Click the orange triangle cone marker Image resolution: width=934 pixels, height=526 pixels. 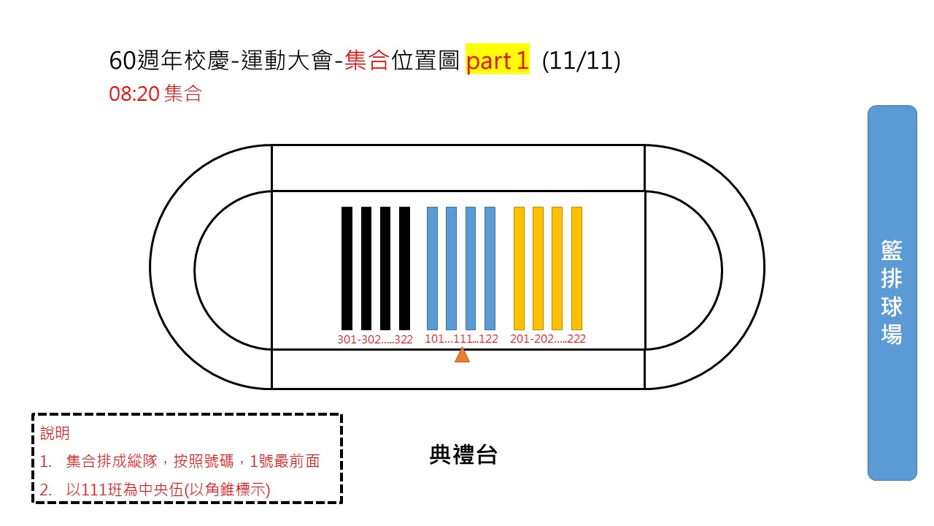tap(462, 355)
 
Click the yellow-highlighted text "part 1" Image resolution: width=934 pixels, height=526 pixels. tap(498, 61)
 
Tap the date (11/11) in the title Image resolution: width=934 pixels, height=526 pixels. tap(582, 61)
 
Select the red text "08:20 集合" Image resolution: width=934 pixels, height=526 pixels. tap(155, 93)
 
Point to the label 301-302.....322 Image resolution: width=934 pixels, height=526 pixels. tap(375, 340)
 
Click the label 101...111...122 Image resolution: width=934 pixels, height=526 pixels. tap(461, 338)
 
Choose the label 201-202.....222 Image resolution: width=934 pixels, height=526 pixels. tap(547, 338)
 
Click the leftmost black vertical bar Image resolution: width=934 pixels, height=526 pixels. tap(347, 268)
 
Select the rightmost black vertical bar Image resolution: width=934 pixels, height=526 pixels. tap(404, 268)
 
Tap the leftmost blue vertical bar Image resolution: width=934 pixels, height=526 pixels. tap(433, 268)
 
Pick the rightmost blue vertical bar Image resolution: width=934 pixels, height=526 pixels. tap(490, 268)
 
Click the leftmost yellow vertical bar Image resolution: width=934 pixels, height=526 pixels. tap(519, 268)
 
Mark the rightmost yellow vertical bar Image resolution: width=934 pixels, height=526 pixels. tap(576, 268)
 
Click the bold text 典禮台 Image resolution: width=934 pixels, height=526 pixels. tap(463, 454)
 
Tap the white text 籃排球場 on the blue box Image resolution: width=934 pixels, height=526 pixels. tap(892, 292)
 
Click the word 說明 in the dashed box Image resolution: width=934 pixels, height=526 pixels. tap(55, 433)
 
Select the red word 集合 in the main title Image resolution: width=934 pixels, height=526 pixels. tap(367, 61)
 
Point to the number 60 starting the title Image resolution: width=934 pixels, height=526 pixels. tap(123, 61)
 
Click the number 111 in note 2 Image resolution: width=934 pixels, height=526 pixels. tap(94, 489)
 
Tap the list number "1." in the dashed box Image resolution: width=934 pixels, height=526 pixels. tap(45, 462)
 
